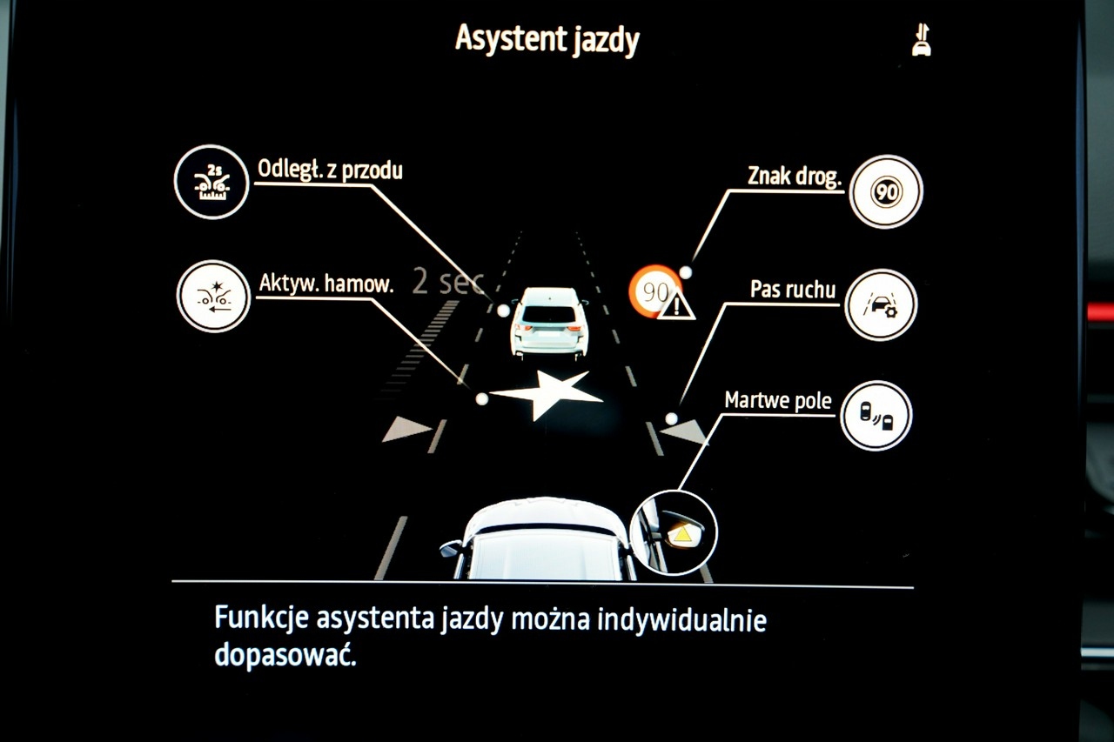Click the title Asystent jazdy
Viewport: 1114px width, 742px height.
point(547,40)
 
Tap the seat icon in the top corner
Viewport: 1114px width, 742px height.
point(921,40)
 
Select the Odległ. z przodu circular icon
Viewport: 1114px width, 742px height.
point(211,182)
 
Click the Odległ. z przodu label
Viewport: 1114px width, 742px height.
point(330,170)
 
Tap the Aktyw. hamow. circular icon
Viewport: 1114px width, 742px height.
point(213,297)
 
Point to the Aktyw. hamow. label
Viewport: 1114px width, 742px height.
point(326,284)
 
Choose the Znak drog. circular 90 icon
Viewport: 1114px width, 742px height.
point(885,192)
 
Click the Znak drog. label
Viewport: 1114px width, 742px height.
point(795,176)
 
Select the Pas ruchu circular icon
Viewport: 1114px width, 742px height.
point(881,304)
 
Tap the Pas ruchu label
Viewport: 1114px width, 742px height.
point(793,290)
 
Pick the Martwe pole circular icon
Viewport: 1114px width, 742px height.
point(876,416)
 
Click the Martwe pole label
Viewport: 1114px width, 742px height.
point(778,401)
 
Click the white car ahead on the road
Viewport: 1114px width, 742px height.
point(548,323)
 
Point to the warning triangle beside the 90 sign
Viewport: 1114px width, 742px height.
point(676,305)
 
